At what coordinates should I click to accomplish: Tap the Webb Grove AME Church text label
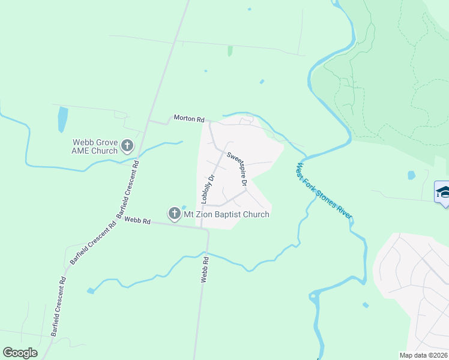coord(95,147)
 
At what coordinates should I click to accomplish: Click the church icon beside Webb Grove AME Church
coord(127,145)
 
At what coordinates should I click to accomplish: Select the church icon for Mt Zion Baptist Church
coord(174,214)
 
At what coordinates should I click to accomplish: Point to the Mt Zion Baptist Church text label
coord(226,214)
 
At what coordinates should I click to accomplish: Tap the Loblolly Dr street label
coord(209,188)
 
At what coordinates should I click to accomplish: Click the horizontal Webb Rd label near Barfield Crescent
coord(136,220)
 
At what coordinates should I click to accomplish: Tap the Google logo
coord(20,353)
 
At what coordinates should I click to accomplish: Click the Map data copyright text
coord(424,355)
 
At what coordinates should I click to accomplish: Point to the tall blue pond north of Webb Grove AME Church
coord(62,119)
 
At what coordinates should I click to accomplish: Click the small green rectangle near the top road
coord(230,51)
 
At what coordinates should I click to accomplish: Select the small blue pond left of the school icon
coord(411,175)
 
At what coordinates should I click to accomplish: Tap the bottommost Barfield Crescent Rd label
coord(59,307)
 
